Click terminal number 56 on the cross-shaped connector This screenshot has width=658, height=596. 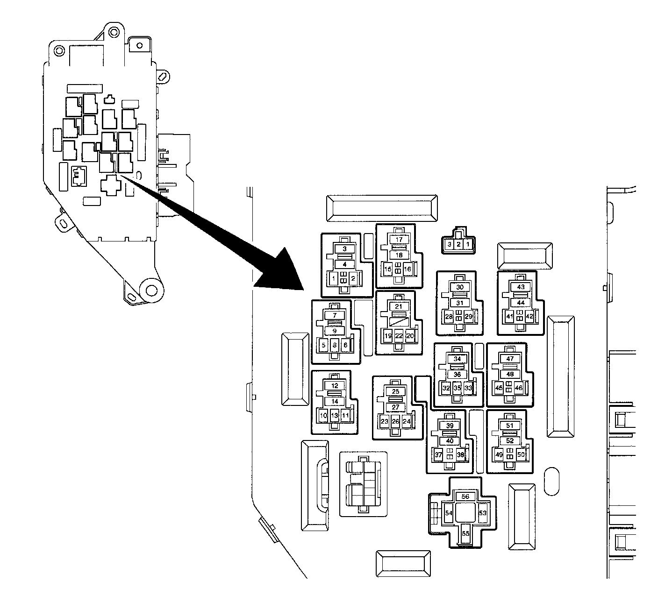coord(465,497)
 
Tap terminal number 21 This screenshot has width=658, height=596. coord(398,306)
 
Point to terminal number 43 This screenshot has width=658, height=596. coord(521,287)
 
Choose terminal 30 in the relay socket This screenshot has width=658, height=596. coord(460,287)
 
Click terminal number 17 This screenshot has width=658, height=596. coord(399,240)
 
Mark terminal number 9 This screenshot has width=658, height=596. coord(335,331)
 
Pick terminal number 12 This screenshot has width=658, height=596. coord(335,386)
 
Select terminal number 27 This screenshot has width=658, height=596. coord(395,407)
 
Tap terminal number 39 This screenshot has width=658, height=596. coord(450,426)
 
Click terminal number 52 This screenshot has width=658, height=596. coord(510,441)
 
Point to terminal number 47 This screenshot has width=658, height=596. coord(510,359)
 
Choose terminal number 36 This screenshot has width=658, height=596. coord(457,375)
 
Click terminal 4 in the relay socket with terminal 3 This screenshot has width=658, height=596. coord(345,264)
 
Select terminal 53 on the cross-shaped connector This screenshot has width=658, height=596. coord(483,513)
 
